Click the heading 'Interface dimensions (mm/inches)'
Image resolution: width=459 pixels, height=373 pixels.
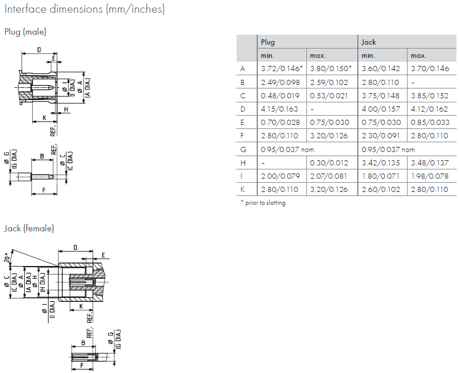click(x=84, y=9)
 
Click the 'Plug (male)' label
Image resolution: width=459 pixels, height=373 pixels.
click(x=25, y=32)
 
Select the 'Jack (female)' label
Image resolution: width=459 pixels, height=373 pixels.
click(x=29, y=228)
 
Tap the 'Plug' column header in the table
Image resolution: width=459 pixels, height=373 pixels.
click(x=268, y=42)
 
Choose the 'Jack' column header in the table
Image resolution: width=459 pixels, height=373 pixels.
click(x=368, y=42)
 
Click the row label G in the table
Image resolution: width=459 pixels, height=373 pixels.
click(x=243, y=149)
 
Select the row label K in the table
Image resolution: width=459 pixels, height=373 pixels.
click(x=243, y=189)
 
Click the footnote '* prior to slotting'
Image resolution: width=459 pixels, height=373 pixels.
click(x=262, y=203)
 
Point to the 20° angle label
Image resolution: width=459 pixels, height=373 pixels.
click(x=8, y=256)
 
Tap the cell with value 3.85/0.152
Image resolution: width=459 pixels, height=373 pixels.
click(x=430, y=95)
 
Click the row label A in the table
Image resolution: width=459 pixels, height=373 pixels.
click(x=243, y=69)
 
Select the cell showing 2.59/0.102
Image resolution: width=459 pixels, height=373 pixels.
click(x=329, y=82)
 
